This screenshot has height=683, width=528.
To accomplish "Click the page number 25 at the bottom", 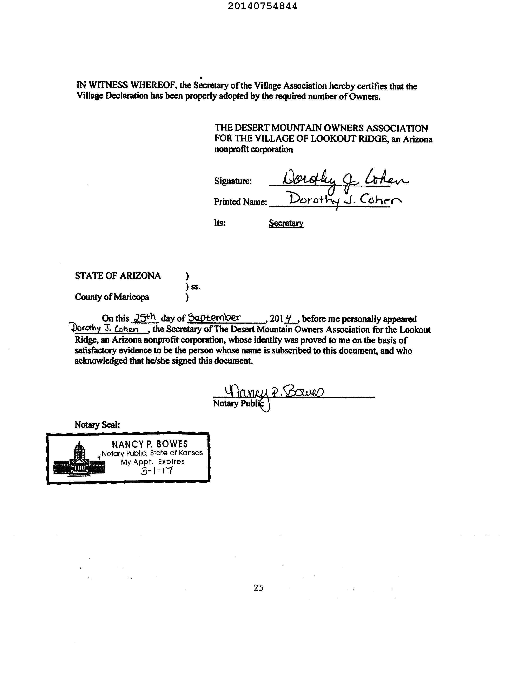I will click(258, 588).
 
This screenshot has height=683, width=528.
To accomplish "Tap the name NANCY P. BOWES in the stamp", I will click(150, 444).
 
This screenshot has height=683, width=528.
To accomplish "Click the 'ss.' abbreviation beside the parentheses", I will click(196, 286).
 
